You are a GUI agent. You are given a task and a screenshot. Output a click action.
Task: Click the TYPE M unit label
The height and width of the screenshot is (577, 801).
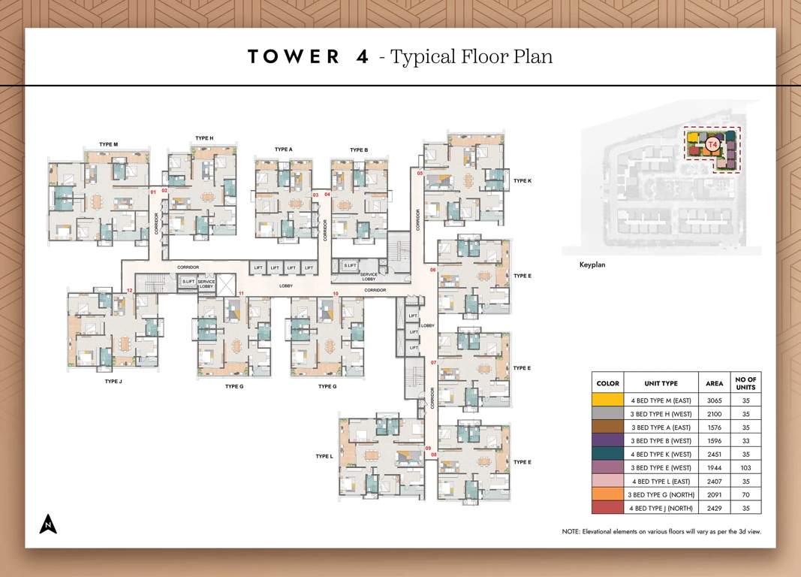click(108, 144)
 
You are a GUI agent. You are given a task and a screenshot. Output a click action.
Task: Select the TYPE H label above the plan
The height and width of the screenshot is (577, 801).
click(204, 138)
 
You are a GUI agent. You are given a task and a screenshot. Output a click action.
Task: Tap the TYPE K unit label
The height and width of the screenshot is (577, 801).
click(522, 181)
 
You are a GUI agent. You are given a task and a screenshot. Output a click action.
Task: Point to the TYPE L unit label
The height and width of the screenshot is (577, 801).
click(324, 456)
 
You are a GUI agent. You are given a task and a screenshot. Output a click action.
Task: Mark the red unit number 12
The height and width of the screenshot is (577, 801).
click(130, 290)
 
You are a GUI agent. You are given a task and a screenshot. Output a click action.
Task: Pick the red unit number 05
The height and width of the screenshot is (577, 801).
click(420, 174)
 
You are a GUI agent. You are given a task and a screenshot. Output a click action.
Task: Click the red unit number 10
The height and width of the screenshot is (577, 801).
click(336, 293)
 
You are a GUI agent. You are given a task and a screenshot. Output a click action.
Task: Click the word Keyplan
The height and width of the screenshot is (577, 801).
click(592, 264)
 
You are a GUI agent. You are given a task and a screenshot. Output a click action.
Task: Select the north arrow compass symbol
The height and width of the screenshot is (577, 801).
click(48, 524)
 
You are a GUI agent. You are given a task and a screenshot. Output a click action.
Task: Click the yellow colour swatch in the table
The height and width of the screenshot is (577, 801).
click(607, 400)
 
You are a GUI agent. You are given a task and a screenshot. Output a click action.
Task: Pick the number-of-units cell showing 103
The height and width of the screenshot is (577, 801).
click(745, 467)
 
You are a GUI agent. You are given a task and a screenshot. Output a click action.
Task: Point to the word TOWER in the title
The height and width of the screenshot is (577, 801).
click(294, 57)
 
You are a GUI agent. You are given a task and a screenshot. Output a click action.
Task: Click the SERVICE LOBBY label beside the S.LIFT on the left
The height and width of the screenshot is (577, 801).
click(206, 284)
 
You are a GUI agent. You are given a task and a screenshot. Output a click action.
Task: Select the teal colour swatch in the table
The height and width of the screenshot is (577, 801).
click(607, 454)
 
